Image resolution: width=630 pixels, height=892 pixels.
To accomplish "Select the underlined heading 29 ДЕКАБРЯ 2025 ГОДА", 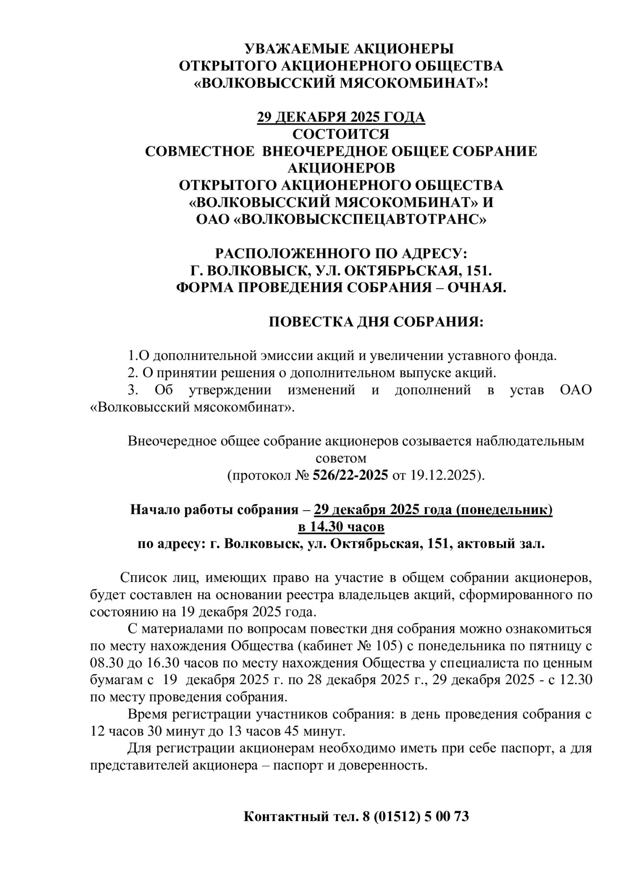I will coord(341,117).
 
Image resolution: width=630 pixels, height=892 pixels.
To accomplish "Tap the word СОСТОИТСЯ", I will coord(341,134).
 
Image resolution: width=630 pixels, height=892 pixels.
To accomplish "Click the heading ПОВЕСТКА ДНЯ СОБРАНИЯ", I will coord(376,322).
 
